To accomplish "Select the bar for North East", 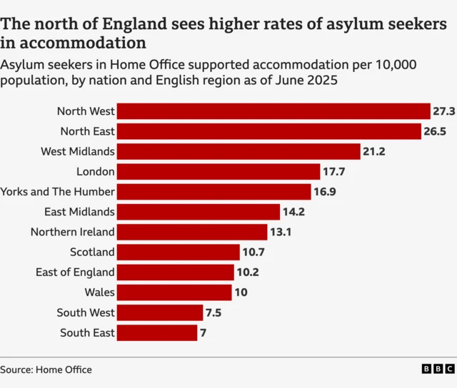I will point(268,131).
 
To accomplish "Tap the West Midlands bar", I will point(238,151).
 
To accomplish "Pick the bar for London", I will point(219,171).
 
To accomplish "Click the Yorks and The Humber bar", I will point(214,192).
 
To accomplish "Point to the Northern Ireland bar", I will point(191,232).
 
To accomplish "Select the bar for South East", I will point(156,332).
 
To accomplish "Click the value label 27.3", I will point(443,111).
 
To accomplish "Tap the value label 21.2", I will point(374,151).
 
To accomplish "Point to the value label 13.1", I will point(281,232).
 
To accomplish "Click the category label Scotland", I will point(92,252).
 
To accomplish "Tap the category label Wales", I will point(99,292).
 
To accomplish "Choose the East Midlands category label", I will point(79,212).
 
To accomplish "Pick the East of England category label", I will point(75,272).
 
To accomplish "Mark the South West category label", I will point(87,312).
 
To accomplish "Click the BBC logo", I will point(437,369).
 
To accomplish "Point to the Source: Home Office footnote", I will point(46,369).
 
